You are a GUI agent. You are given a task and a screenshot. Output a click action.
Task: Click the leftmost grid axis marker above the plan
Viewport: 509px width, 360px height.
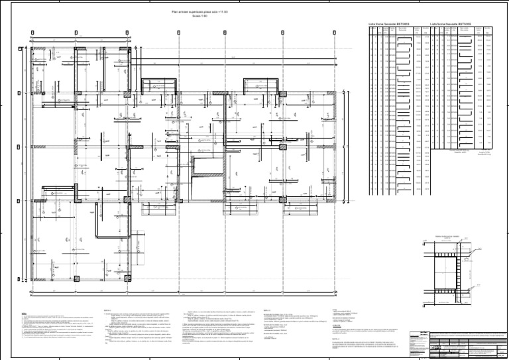(32, 32)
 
